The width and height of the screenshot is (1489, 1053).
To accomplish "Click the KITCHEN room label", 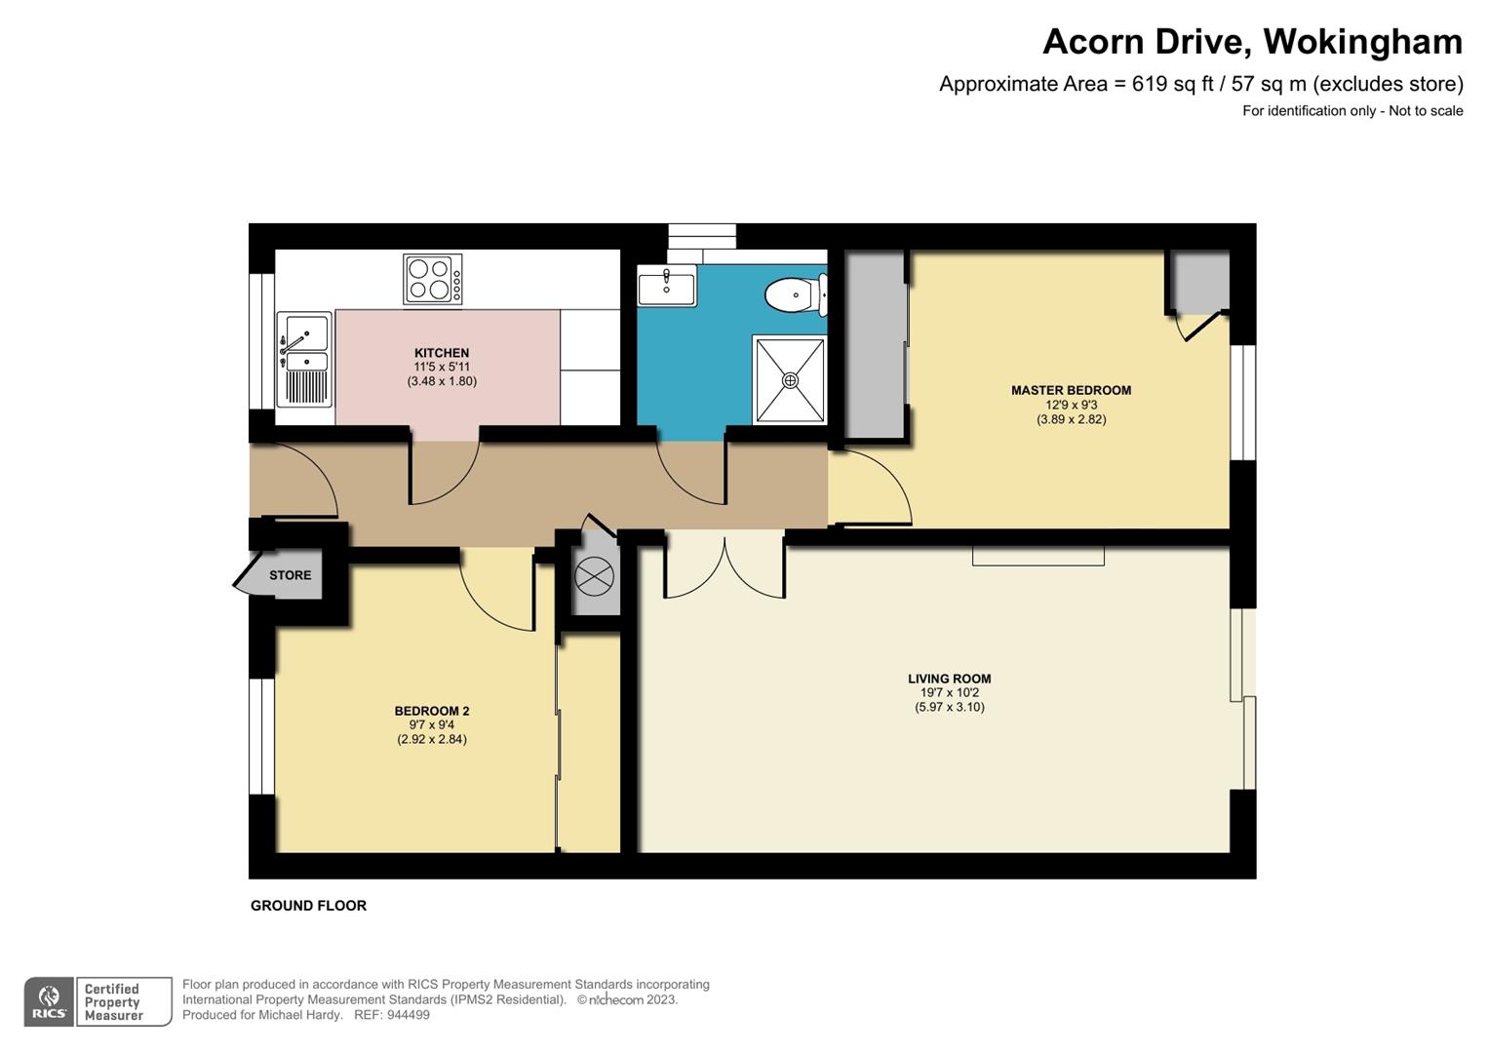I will click(x=442, y=353).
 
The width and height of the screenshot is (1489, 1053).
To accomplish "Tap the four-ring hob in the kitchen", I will click(x=433, y=279).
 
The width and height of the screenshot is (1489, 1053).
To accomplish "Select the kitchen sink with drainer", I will click(x=304, y=359).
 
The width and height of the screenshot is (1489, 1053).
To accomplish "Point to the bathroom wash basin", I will click(x=667, y=287).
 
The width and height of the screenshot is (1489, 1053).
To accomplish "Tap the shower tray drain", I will click(x=790, y=380).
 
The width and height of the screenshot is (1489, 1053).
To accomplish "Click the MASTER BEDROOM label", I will click(x=1071, y=390).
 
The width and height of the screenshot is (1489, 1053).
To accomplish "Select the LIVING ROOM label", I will click(x=949, y=679).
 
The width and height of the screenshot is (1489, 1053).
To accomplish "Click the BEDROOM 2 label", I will click(x=432, y=711).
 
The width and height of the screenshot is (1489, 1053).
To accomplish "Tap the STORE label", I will click(x=290, y=575).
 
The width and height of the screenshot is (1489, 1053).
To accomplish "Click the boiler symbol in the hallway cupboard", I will click(x=594, y=576).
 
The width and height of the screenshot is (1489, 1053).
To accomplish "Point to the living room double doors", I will click(x=725, y=565).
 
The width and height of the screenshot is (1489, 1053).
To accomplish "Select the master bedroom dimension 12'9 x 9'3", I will click(x=1071, y=405).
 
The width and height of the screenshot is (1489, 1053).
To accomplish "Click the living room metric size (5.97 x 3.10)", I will click(x=949, y=707).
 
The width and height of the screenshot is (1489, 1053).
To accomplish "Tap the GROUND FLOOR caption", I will click(x=308, y=906).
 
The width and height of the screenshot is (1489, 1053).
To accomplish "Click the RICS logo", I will click(x=49, y=1001).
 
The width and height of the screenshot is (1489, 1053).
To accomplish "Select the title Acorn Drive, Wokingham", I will click(x=1252, y=42).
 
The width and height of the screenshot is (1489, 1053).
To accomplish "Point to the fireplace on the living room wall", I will click(x=1038, y=556).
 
